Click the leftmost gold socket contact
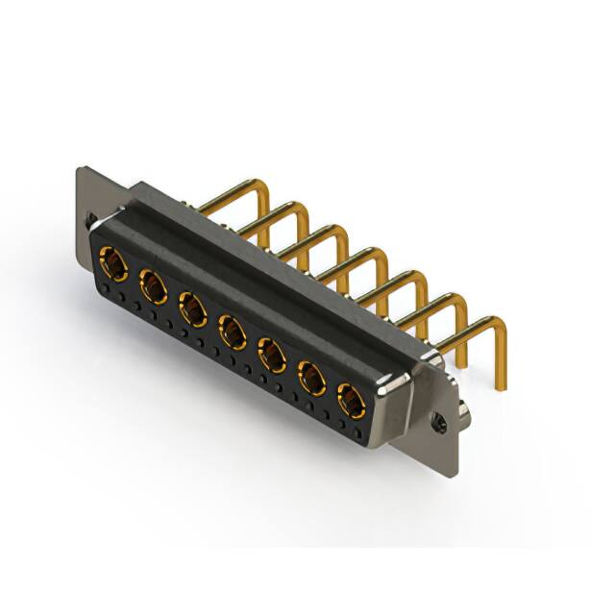point(113,261)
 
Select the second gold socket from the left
point(154,285)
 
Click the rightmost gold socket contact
point(351,400)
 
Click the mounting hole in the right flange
point(441,420)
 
